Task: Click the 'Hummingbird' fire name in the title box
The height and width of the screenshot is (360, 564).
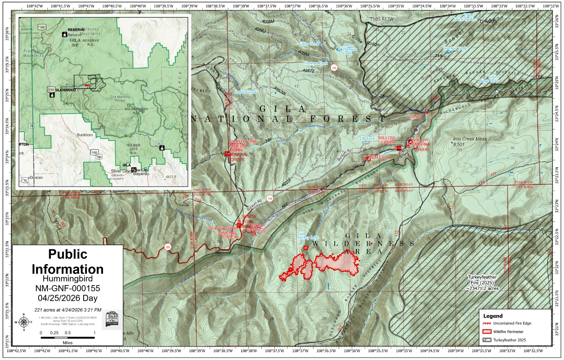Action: pos(67,278)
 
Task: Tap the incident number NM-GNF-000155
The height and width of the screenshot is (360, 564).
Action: pos(67,288)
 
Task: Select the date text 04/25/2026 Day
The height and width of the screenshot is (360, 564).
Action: pos(67,298)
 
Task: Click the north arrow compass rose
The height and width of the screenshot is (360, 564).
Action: pos(24,322)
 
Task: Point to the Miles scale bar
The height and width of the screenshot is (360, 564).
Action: pos(67,337)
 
